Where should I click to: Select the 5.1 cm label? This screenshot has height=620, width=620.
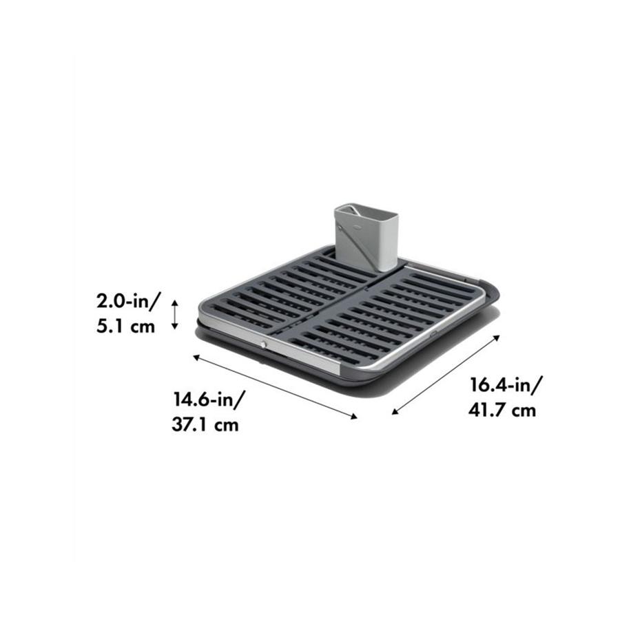[126, 326]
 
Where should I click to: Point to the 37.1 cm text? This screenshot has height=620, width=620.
[205, 424]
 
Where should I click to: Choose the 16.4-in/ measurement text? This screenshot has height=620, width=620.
[506, 385]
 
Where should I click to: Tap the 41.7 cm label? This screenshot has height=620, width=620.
[502, 411]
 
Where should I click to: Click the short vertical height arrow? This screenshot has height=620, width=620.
[175, 314]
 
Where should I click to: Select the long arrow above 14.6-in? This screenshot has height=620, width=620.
[276, 386]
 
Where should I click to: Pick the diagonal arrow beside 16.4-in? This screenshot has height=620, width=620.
[446, 375]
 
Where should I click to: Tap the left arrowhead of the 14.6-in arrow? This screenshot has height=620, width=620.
[196, 357]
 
